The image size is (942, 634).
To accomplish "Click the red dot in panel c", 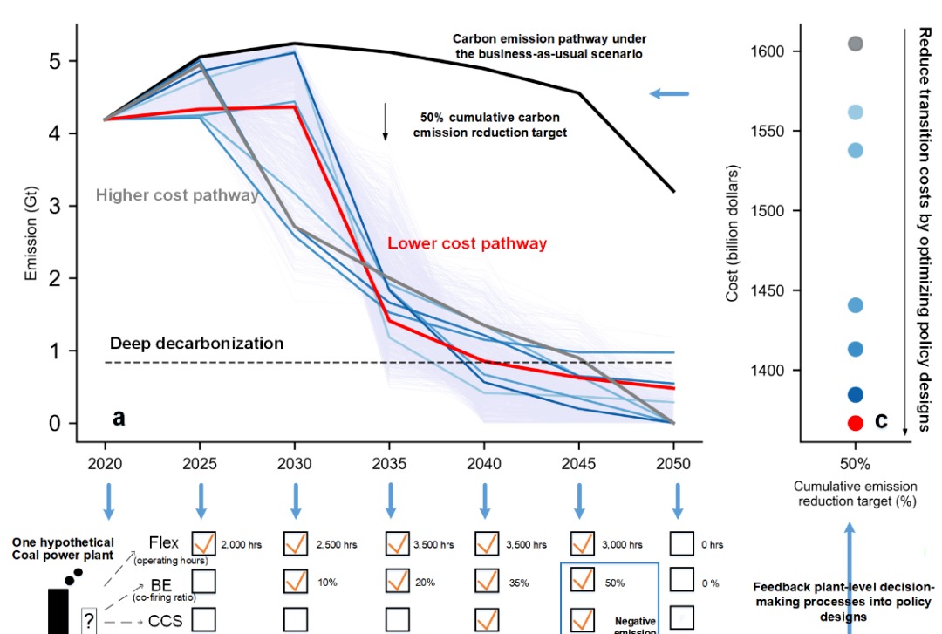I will pyautogui.click(x=856, y=422).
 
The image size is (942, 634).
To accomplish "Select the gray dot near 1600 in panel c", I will pyautogui.click(x=856, y=44).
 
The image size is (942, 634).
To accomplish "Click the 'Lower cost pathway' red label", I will pyautogui.click(x=468, y=243).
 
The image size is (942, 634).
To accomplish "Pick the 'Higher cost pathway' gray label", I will pyautogui.click(x=177, y=195).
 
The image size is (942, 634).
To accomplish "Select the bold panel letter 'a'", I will pyautogui.click(x=119, y=418).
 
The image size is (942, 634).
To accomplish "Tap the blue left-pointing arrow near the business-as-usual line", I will pyautogui.click(x=670, y=94).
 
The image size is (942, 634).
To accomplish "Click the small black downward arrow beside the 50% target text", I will pyautogui.click(x=385, y=127).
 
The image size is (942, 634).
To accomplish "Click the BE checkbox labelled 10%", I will pyautogui.click(x=296, y=581).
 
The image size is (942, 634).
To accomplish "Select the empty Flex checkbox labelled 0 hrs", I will pyautogui.click(x=681, y=543).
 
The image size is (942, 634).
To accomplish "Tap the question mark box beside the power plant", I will pyautogui.click(x=88, y=620).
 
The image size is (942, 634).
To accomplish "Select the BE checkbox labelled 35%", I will pyautogui.click(x=487, y=581).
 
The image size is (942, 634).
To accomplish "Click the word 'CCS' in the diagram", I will pyautogui.click(x=165, y=620).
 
